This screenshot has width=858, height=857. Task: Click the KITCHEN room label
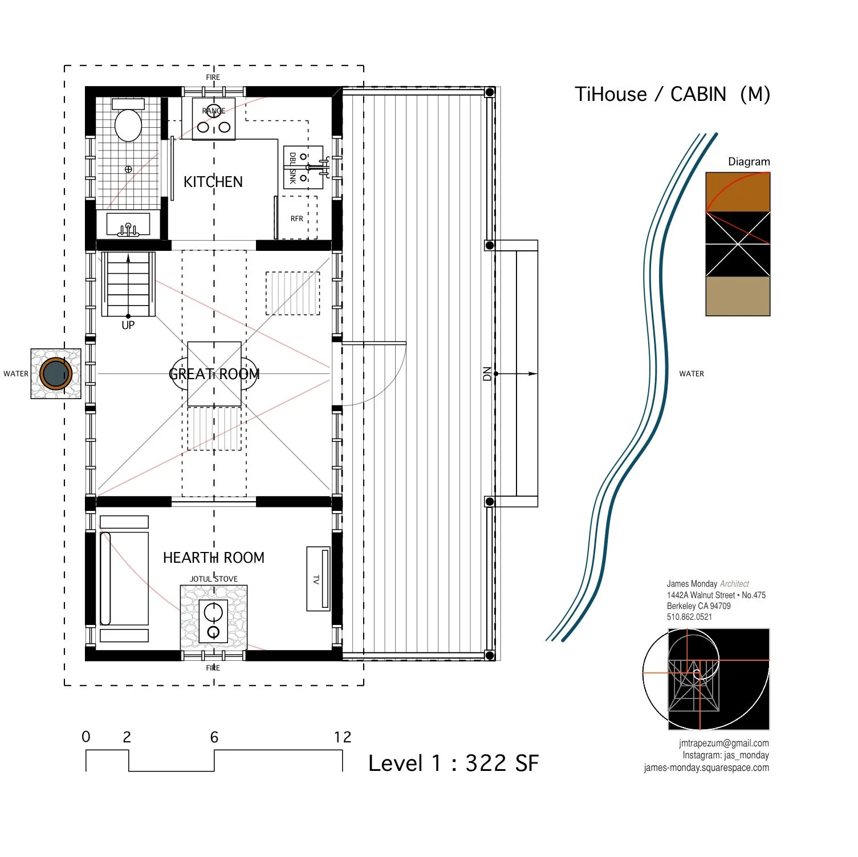(213, 182)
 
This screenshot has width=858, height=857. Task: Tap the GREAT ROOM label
(214, 374)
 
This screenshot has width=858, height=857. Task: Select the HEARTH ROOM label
(214, 558)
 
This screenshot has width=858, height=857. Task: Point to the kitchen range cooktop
(214, 119)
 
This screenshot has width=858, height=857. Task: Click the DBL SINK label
(292, 168)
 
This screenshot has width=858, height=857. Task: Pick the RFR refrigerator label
(296, 218)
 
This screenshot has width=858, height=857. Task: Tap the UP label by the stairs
(128, 325)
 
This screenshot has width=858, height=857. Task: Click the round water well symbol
(55, 374)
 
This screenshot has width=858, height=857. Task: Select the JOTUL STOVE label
(214, 579)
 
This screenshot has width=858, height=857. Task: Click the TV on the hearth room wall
(318, 579)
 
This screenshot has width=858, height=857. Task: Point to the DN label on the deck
(487, 374)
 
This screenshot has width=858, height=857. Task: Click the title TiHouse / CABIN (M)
(672, 94)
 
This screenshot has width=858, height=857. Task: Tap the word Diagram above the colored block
(749, 161)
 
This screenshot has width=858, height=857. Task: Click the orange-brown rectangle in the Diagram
(738, 192)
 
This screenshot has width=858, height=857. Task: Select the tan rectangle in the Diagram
(738, 297)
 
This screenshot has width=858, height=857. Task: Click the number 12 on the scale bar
(343, 737)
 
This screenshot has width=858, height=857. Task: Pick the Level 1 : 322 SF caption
(453, 763)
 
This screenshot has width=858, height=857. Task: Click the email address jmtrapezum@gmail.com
(723, 743)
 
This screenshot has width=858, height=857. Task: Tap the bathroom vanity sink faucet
(128, 229)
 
